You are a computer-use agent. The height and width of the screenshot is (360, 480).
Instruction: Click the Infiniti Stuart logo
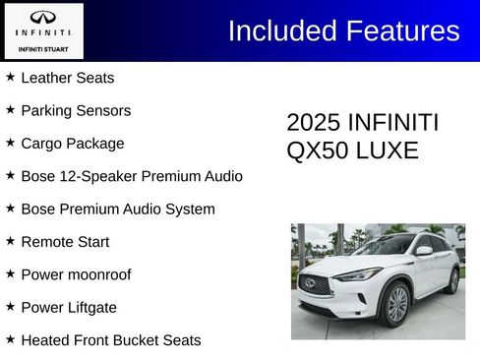pyautogui.click(x=42, y=31)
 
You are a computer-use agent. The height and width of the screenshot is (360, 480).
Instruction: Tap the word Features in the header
pyautogui.click(x=402, y=30)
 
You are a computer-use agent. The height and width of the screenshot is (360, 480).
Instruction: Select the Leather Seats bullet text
pyautogui.click(x=67, y=78)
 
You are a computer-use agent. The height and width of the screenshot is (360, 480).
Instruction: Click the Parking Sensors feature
pyautogui.click(x=75, y=111)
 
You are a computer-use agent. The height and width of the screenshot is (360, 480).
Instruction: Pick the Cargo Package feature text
pyautogui.click(x=72, y=144)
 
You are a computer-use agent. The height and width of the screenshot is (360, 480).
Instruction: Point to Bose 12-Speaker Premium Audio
pyautogui.click(x=131, y=176)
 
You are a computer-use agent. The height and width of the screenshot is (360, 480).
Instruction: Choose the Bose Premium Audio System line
pyautogui.click(x=117, y=210)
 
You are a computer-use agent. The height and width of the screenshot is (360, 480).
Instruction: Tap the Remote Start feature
pyautogui.click(x=65, y=242)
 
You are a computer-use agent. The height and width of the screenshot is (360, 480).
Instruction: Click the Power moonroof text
pyautogui.click(x=75, y=274)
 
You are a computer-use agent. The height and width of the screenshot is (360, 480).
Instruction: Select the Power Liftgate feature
pyautogui.click(x=68, y=308)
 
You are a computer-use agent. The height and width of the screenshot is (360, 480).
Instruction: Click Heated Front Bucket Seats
pyautogui.click(x=110, y=340)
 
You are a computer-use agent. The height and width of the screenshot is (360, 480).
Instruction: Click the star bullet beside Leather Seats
pyautogui.click(x=11, y=77)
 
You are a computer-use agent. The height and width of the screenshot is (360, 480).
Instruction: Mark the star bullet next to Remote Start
pyautogui.click(x=11, y=241)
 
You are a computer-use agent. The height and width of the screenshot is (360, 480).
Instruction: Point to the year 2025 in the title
pyautogui.click(x=311, y=123)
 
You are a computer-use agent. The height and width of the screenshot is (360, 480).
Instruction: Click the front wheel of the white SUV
pyautogui.click(x=396, y=305)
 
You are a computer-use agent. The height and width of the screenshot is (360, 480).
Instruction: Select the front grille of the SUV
pyautogui.click(x=314, y=285)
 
